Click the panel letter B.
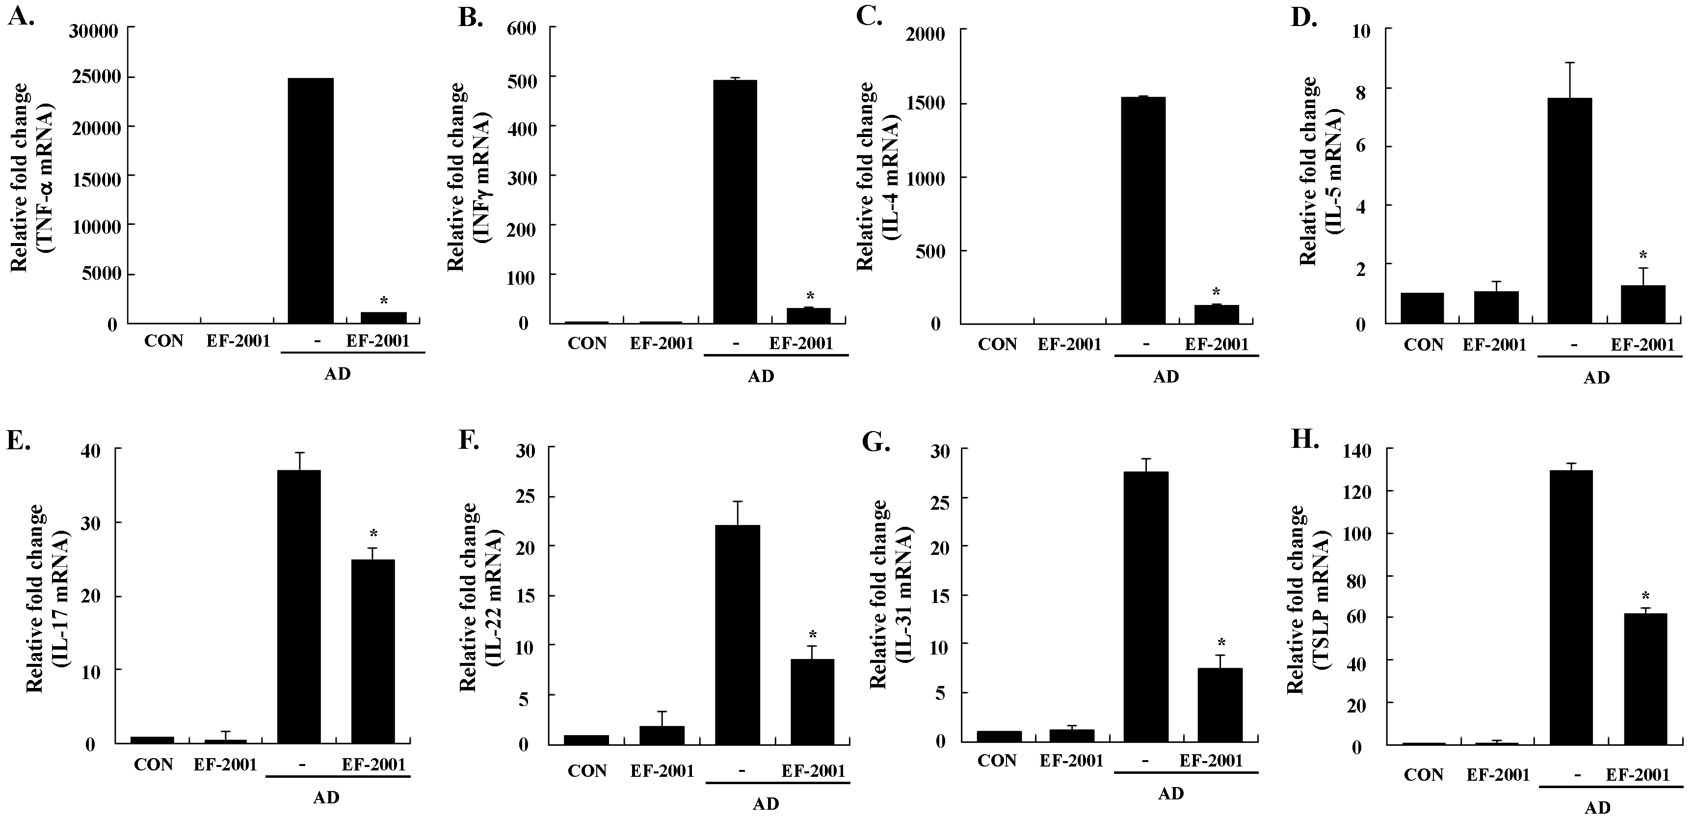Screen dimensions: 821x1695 point(470,18)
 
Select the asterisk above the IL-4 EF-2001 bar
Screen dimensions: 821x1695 point(1216,292)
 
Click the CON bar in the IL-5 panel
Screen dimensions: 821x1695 point(1422,308)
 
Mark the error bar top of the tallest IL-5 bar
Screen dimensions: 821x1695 point(1570,63)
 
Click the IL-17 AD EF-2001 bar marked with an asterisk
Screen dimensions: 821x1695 point(373,651)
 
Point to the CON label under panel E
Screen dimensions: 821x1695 point(153,765)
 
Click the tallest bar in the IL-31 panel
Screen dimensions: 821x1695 point(1145,606)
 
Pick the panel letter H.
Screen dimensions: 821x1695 point(1305,439)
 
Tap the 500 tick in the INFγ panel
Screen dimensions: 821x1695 point(521,78)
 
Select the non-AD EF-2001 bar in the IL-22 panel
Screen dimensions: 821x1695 point(662,735)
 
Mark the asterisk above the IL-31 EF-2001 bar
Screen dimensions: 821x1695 point(1221,643)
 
